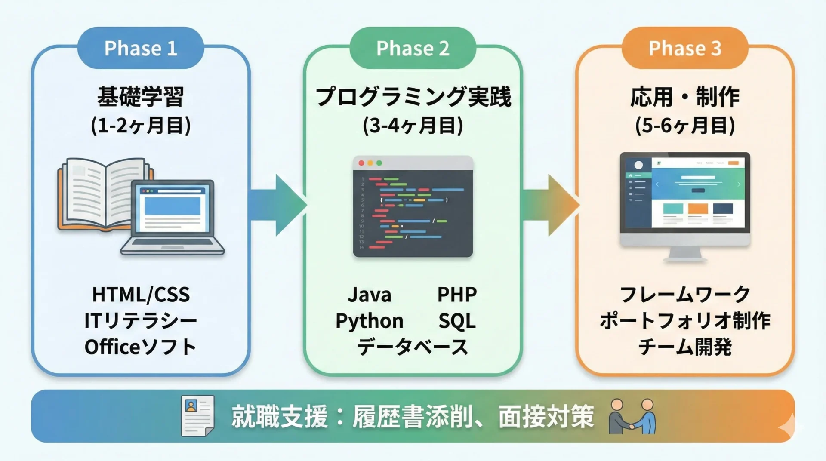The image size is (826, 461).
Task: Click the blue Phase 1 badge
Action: point(141,48)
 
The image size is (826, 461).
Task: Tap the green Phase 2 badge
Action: point(413,48)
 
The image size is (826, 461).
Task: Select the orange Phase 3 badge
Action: point(684,48)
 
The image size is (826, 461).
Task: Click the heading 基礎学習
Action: point(141,96)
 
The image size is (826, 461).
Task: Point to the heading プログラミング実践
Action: point(413,96)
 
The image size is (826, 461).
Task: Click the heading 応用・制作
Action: point(684,96)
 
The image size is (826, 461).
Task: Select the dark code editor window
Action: point(413,206)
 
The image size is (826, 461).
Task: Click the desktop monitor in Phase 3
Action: point(685,202)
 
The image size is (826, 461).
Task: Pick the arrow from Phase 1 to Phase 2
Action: point(277,205)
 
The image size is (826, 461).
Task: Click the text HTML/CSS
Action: point(141,295)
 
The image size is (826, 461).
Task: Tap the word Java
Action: point(370,295)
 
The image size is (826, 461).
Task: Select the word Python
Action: point(370,321)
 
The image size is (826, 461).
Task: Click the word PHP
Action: point(457,295)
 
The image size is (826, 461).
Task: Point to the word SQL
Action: point(457,321)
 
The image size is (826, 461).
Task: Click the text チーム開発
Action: point(684,347)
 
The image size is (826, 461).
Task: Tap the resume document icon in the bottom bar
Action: point(197,416)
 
